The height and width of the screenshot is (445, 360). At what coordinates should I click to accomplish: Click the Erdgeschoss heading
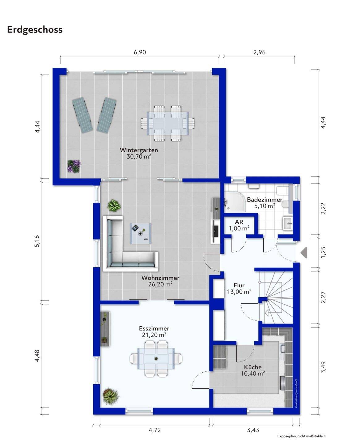tap(35, 30)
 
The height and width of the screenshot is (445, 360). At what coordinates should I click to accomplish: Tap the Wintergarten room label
tap(139, 150)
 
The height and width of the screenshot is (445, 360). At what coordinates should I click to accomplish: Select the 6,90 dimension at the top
tap(140, 52)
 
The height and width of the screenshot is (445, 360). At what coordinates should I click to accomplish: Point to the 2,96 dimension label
tap(259, 52)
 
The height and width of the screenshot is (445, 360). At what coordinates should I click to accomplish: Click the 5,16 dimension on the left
tap(37, 241)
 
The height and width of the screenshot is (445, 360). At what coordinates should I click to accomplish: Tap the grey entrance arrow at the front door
tap(304, 252)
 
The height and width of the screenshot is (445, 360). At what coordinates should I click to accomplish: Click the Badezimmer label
tap(265, 200)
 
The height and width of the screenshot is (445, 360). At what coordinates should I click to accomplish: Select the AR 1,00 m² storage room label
tap(239, 225)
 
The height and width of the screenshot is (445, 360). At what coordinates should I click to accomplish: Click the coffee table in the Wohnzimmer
tap(141, 233)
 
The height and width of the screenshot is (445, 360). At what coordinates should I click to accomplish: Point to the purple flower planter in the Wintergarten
tap(74, 166)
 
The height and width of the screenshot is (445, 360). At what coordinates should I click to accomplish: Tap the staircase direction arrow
tap(269, 313)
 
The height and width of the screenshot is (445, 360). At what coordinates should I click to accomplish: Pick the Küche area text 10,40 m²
tap(253, 373)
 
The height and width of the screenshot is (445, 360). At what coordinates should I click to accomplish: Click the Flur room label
tap(239, 285)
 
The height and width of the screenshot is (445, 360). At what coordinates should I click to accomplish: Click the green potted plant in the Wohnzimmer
tap(114, 206)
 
